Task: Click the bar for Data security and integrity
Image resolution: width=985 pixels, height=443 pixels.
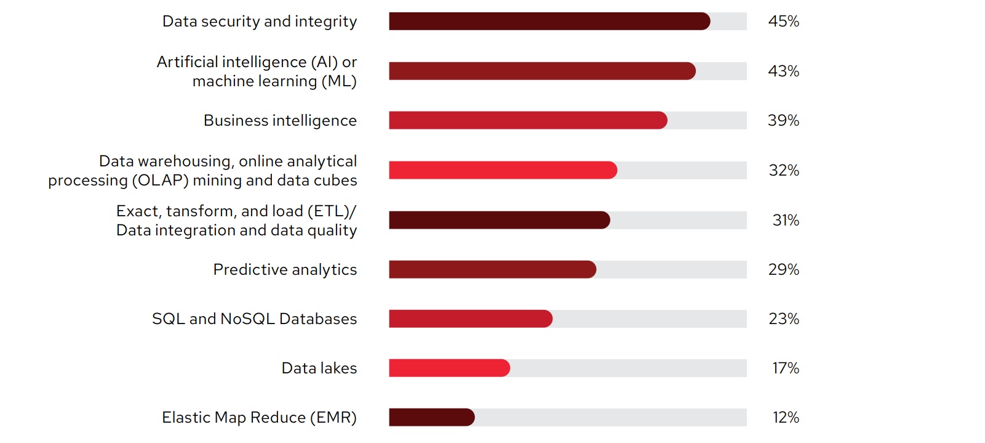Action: pyautogui.click(x=549, y=22)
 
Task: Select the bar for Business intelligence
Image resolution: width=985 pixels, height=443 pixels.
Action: pyautogui.click(x=528, y=120)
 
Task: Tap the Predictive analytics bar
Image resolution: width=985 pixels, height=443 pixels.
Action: pyautogui.click(x=492, y=269)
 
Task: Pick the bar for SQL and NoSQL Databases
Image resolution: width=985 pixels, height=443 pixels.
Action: pyautogui.click(x=471, y=319)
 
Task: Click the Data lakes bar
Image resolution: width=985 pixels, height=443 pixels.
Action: pyautogui.click(x=449, y=368)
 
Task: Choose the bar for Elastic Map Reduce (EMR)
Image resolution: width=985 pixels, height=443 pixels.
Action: pyautogui.click(x=431, y=417)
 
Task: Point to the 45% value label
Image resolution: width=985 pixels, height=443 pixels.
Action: pyautogui.click(x=783, y=22)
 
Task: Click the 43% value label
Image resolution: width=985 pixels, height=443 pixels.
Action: pyautogui.click(x=783, y=71)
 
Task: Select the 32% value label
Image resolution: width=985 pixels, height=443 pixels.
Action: pyautogui.click(x=784, y=170)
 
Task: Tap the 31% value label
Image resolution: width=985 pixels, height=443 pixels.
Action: pyautogui.click(x=786, y=220)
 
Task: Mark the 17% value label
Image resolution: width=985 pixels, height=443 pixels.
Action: pyautogui.click(x=786, y=368)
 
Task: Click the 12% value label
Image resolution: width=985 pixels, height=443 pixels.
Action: pyautogui.click(x=786, y=417)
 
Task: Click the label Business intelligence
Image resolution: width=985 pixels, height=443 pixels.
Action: pyautogui.click(x=280, y=120)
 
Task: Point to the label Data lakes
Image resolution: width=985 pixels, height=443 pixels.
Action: pyautogui.click(x=319, y=368)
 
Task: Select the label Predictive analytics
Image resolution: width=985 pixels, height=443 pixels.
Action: pyautogui.click(x=285, y=269)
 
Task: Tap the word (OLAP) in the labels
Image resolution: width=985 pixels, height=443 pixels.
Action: pyautogui.click(x=160, y=181)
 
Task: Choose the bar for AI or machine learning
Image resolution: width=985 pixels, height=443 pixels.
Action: pyautogui.click(x=542, y=71)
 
